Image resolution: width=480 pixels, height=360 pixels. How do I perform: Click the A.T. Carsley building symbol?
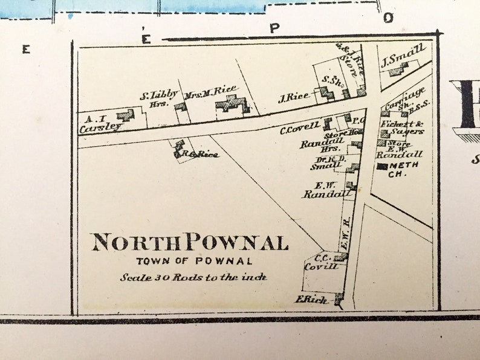(x=126, y=114)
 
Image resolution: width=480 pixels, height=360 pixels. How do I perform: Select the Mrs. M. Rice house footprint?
(x=232, y=104)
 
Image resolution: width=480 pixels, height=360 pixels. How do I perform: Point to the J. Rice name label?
(x=294, y=97)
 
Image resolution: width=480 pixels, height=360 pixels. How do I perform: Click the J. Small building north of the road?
(x=398, y=70)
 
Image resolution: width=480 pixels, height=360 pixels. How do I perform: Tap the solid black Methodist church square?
(x=383, y=166)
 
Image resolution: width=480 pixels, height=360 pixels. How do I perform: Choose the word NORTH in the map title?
(x=137, y=243)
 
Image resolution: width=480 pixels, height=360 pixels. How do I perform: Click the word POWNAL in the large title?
(x=236, y=243)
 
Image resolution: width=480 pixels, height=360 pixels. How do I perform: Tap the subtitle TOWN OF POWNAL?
(x=193, y=261)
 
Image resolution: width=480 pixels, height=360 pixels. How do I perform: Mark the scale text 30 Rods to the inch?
(x=193, y=277)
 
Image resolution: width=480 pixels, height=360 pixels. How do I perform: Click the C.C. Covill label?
(x=321, y=260)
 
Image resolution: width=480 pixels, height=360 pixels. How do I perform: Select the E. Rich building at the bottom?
(x=339, y=297)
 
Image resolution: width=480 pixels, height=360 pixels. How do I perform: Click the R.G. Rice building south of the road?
(x=179, y=149)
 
